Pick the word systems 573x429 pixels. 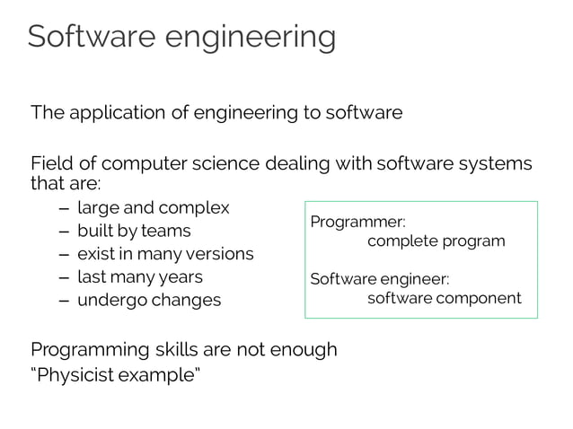pyautogui.click(x=491, y=165)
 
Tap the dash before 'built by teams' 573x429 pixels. pyautogui.click(x=60, y=232)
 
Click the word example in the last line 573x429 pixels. pyautogui.click(x=159, y=372)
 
